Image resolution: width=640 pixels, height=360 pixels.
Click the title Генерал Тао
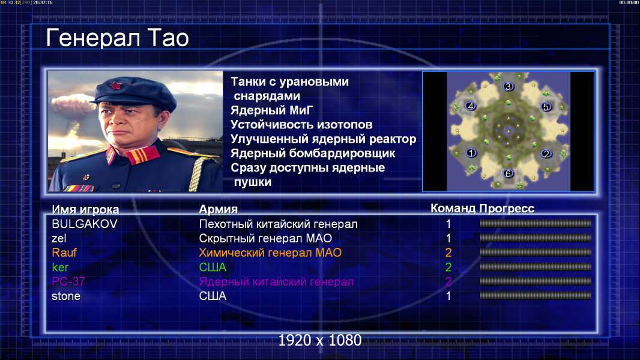tap(117, 38)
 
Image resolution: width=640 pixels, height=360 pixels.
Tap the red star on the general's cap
tap(115, 85)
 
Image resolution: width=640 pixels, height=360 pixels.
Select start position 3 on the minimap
tap(508, 86)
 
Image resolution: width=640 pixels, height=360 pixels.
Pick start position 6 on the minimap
tap(508, 173)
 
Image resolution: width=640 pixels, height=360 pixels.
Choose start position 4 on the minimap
tap(471, 106)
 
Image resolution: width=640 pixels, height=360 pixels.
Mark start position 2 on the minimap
tap(546, 154)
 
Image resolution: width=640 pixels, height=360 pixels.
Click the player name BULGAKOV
tap(85, 224)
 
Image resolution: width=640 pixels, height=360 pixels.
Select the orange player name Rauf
tap(64, 253)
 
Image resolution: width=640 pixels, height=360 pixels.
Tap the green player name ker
tap(60, 268)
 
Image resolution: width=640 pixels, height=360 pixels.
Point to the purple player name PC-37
tap(68, 282)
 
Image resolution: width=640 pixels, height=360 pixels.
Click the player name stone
tap(65, 296)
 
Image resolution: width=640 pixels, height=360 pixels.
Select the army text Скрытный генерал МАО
tap(265, 238)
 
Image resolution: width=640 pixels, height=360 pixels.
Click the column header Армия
tap(219, 209)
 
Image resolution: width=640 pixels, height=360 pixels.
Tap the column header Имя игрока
tap(85, 209)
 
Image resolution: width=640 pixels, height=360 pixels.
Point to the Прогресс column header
tap(507, 209)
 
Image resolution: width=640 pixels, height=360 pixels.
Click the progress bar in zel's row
tap(536, 238)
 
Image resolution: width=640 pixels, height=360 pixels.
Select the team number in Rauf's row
tap(448, 253)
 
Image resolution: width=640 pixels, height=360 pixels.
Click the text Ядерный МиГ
tap(272, 110)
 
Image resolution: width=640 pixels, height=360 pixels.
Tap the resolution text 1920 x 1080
tap(319, 340)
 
